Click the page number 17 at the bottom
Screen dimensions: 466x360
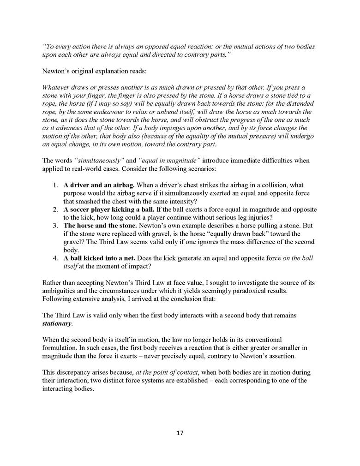point(180,433)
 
